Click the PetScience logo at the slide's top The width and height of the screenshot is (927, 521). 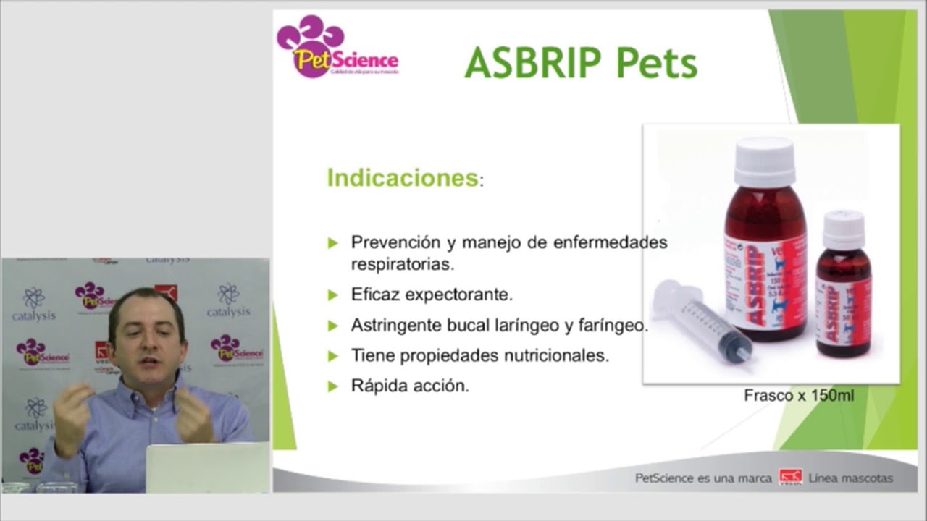pos(337,47)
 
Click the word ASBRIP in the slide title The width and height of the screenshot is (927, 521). pos(534,63)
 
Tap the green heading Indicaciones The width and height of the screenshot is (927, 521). pos(402,178)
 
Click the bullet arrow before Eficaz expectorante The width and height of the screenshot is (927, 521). pos(333,295)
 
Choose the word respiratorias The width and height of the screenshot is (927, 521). pos(402,264)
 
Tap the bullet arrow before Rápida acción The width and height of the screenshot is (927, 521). pos(333,386)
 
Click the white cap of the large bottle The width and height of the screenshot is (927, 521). pos(764,161)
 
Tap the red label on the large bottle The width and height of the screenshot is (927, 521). pos(765,283)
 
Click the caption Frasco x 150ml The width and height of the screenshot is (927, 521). pos(799,396)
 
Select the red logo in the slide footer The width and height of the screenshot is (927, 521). pos(790,478)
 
